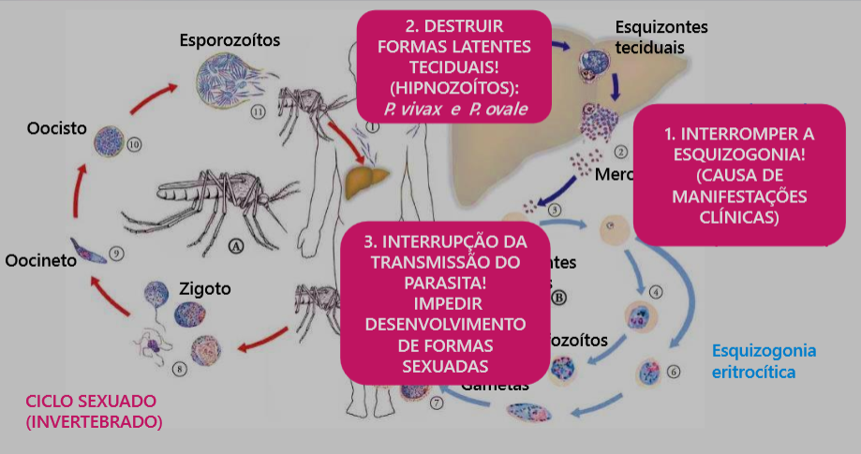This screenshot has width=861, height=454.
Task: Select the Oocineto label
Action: [38, 261]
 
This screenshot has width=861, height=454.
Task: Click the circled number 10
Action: [133, 145]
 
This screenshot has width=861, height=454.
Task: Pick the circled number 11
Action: [260, 110]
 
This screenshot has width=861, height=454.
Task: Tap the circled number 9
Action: [116, 252]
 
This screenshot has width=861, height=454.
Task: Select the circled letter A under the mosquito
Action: [235, 245]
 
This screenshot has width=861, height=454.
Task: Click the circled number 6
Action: [675, 370]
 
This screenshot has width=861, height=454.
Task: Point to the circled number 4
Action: [657, 292]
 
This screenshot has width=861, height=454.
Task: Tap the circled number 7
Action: [436, 403]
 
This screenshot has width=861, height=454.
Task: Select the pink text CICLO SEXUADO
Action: [91, 402]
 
